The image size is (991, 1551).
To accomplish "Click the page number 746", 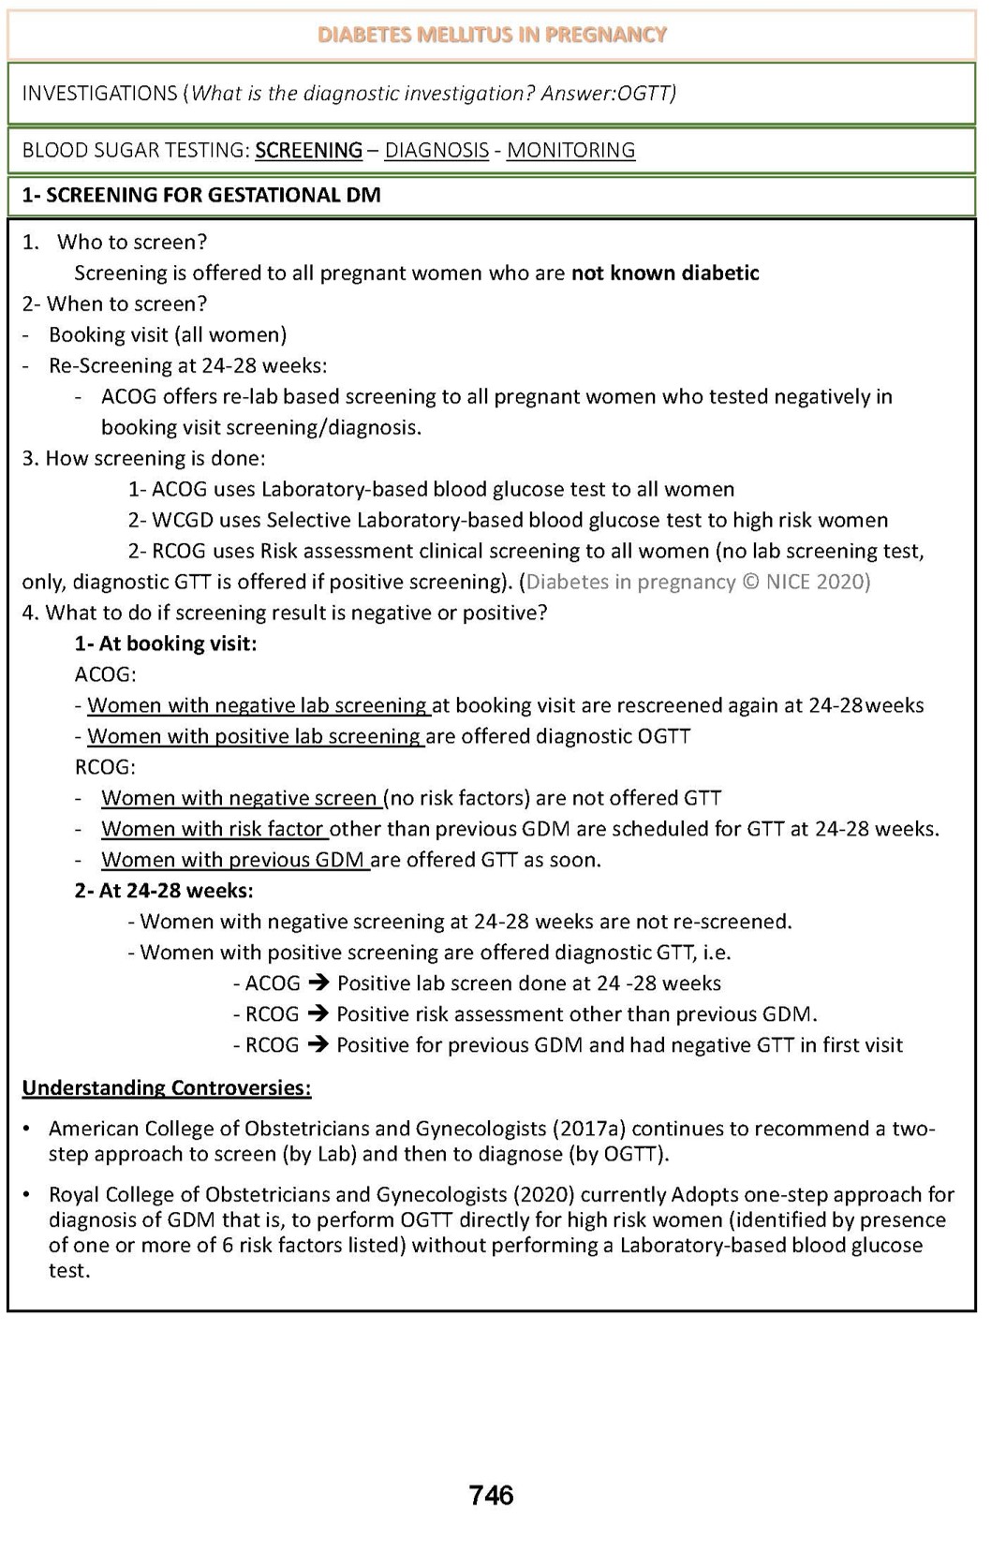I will tap(491, 1495).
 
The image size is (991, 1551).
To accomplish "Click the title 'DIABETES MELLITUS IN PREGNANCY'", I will tap(492, 36).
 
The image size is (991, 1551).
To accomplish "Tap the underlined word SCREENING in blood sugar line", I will tap(308, 151).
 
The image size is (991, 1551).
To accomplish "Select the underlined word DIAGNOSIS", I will tap(436, 151).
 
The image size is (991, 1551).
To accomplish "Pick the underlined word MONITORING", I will tap(570, 151).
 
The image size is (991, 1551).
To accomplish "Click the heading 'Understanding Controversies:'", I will tap(166, 1088).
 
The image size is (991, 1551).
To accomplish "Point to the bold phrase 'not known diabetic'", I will tap(665, 273).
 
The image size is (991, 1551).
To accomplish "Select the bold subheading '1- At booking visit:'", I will tap(165, 644).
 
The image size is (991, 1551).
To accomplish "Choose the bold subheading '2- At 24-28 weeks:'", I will tap(163, 891).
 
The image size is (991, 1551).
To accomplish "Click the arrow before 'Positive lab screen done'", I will tap(318, 983).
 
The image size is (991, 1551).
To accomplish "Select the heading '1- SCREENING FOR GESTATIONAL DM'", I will tap(200, 196).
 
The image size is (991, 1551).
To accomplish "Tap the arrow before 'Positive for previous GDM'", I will tap(318, 1045).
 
